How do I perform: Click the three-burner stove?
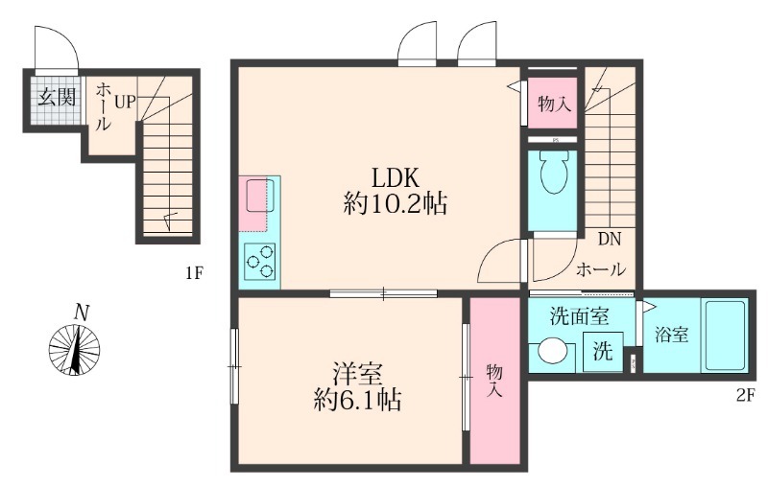(x=259, y=259)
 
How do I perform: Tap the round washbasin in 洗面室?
(x=553, y=351)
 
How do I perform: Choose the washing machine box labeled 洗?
(x=602, y=351)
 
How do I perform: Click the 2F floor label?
(x=742, y=394)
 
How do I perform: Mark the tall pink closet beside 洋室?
(x=493, y=381)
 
